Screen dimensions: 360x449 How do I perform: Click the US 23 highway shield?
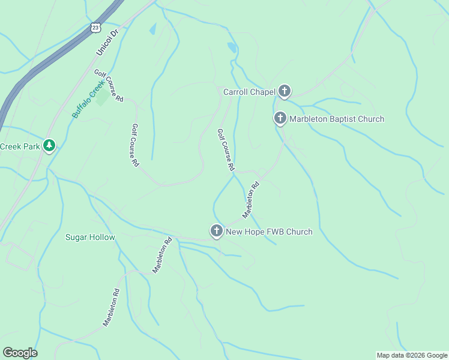[x=95, y=28]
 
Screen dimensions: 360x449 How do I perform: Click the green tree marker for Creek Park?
[x=49, y=146]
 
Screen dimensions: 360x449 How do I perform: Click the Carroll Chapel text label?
[x=249, y=92]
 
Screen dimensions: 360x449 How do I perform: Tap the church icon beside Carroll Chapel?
[x=284, y=91]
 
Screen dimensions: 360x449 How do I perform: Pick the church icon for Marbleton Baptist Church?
[x=280, y=118]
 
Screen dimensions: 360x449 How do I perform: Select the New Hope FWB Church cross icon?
[x=217, y=231]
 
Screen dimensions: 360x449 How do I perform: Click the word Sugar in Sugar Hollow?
[x=77, y=237]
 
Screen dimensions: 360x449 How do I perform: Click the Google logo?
[x=20, y=353]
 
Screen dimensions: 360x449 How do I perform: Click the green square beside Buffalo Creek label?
[x=103, y=97]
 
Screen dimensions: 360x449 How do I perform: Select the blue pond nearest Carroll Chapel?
[x=232, y=47]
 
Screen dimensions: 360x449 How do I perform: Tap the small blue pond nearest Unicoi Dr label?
[x=152, y=29]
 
